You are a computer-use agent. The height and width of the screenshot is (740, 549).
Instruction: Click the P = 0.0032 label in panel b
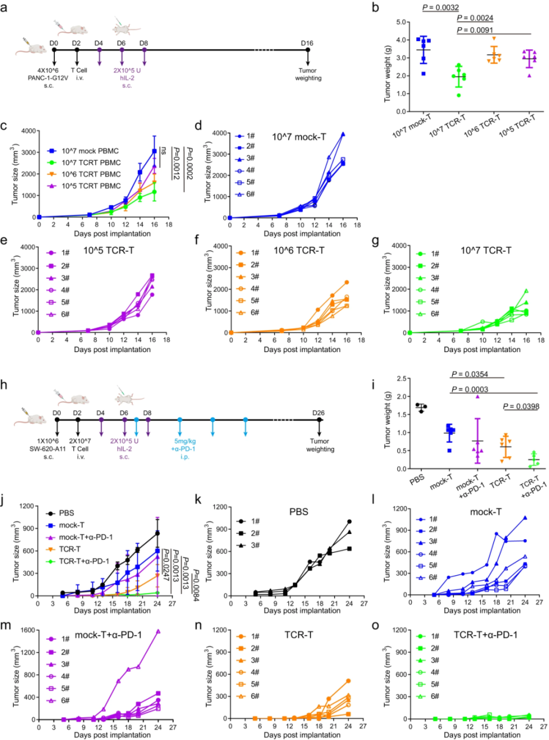[x=440, y=7]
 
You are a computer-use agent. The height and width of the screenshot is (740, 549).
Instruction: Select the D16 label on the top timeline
[x=307, y=43]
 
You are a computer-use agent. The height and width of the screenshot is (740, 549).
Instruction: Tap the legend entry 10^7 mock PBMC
[x=90, y=151]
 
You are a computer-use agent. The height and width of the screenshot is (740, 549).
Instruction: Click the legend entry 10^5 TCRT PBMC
[x=91, y=186]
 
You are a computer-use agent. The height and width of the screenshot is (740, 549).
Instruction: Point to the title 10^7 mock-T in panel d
[x=299, y=137]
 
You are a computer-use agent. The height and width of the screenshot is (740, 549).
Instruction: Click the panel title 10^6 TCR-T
[x=299, y=250]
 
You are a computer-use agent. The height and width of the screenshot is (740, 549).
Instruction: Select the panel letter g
[x=375, y=241]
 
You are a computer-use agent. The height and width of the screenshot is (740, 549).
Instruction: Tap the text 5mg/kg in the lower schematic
[x=184, y=441]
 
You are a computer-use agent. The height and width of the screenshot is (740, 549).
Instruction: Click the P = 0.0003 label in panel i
[x=470, y=389]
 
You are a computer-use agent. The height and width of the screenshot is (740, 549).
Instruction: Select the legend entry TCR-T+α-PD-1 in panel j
[x=84, y=561]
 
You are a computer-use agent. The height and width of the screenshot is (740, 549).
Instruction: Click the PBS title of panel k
[x=299, y=512]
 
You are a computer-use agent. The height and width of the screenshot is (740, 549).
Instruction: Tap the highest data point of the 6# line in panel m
[x=157, y=631]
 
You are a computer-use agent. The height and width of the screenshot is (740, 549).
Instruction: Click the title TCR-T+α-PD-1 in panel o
[x=485, y=635]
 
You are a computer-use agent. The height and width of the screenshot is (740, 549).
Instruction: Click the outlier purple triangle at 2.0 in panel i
[x=478, y=396]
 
